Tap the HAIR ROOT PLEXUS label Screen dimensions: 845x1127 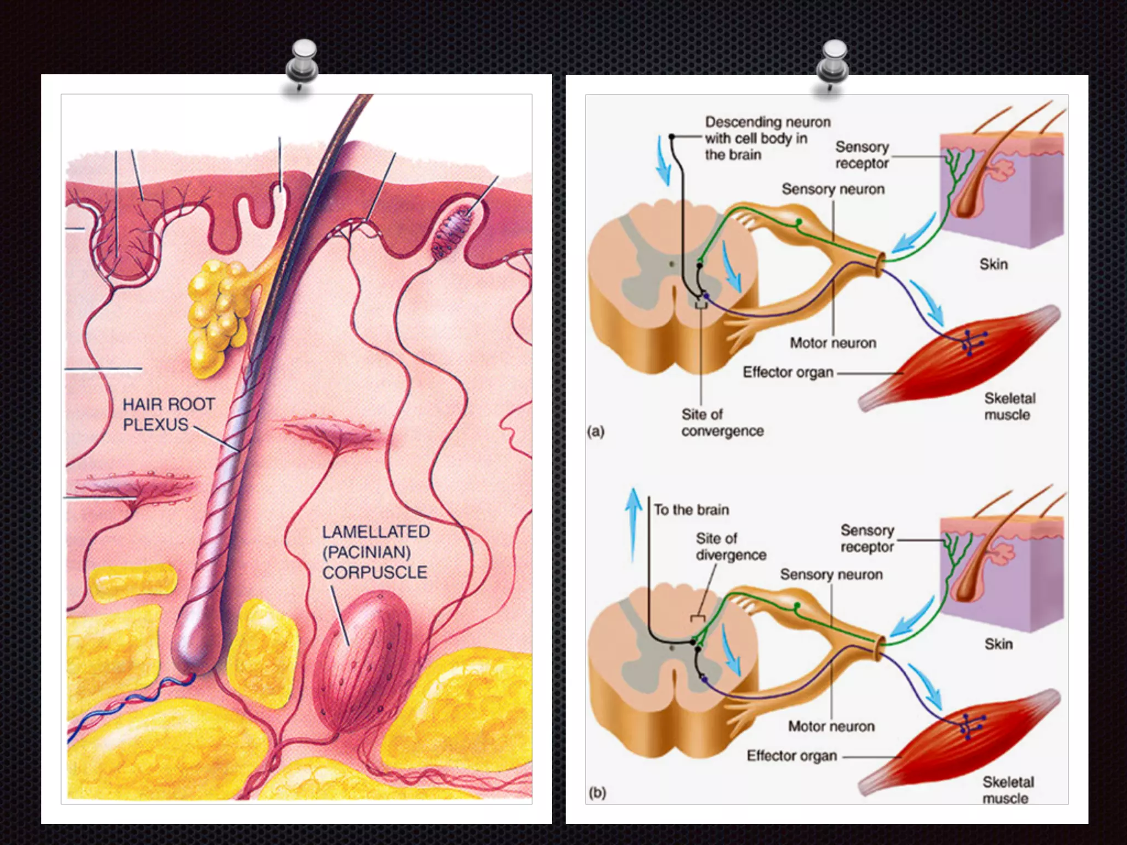(x=168, y=414)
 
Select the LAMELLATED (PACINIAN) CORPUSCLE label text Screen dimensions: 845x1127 (x=376, y=552)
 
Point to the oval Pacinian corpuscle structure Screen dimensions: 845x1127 (x=364, y=660)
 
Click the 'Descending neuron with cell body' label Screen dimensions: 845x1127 (x=767, y=138)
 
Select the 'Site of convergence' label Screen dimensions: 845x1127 (x=721, y=422)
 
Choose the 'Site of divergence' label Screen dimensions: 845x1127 (x=730, y=546)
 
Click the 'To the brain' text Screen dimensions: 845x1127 (x=691, y=510)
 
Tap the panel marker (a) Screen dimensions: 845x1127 (x=595, y=431)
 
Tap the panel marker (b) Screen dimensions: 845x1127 (x=597, y=793)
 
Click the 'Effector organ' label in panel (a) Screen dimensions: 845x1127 (x=787, y=372)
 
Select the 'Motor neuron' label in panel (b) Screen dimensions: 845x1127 (x=831, y=727)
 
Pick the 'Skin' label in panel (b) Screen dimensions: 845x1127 (x=998, y=644)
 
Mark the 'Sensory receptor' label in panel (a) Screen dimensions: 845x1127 (x=862, y=155)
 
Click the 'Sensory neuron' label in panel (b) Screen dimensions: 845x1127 (x=831, y=575)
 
